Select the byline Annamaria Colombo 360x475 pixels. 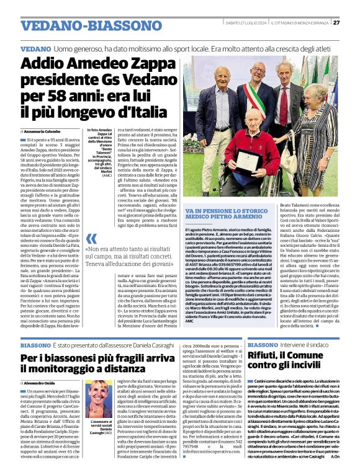click(x=42, y=132)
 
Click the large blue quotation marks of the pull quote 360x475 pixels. click(x=92, y=239)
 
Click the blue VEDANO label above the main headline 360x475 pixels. click(x=35, y=48)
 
